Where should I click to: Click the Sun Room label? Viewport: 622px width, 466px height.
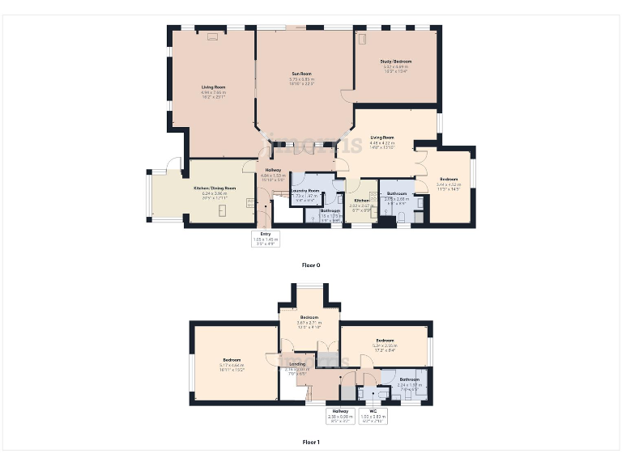pos(301,74)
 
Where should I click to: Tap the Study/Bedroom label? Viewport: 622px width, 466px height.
pos(396,61)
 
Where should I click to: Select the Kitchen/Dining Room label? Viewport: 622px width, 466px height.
pos(215,188)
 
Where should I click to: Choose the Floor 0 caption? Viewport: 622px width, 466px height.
pos(311,265)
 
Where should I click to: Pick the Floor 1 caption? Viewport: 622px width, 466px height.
pos(311,442)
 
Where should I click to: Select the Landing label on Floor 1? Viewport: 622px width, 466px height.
pos(296,363)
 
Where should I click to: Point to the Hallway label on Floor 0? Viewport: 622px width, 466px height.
pos(270,170)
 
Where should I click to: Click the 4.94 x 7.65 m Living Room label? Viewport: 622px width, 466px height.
pos(214,87)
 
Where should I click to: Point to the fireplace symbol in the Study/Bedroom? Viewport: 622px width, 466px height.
pos(362,39)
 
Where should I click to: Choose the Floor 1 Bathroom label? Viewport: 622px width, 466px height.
pos(409,379)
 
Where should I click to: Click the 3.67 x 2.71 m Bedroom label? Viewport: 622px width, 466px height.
pos(309,317)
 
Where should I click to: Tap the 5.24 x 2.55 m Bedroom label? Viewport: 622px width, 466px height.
pos(385,341)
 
